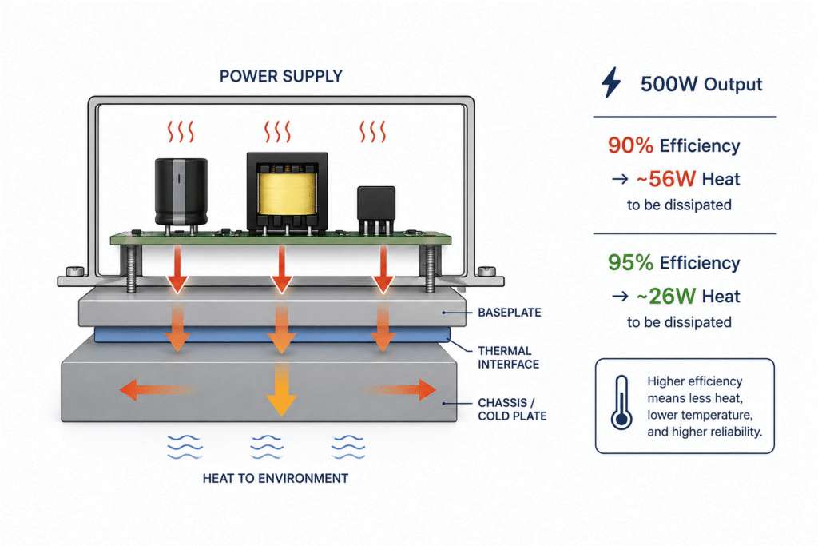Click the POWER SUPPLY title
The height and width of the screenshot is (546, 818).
[x=280, y=76]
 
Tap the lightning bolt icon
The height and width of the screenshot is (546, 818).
[x=611, y=82]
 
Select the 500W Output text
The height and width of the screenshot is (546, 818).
[x=701, y=84]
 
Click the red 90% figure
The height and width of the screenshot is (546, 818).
[x=630, y=145]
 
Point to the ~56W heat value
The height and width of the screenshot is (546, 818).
[x=665, y=179]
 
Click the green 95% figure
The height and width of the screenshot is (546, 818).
[x=630, y=262]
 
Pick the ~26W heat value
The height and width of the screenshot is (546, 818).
[x=665, y=296]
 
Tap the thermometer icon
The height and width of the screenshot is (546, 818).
[x=621, y=402]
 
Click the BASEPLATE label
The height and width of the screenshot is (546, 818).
[x=510, y=313]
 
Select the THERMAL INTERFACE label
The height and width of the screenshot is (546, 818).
[x=509, y=357]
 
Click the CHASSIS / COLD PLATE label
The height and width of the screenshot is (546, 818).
[x=512, y=409]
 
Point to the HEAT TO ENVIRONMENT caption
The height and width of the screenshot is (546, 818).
[x=276, y=478]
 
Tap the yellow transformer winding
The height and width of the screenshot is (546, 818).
[x=287, y=193]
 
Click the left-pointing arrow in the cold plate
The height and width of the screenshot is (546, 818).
[x=157, y=390]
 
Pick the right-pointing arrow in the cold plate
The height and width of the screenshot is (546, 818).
[x=399, y=390]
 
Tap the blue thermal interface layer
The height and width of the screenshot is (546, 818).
[x=272, y=335]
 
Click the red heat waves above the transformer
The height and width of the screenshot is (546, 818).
[x=277, y=132]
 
